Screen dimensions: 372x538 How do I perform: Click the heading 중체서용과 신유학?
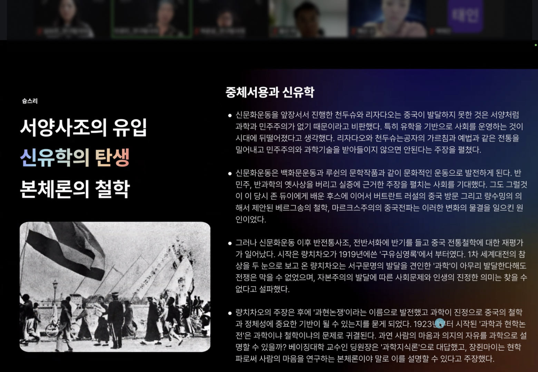pos(270,92)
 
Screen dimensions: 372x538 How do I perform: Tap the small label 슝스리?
pos(30,101)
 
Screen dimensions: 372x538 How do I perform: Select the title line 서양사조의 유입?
pos(84,127)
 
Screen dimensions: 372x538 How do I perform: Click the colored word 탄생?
pos(112,158)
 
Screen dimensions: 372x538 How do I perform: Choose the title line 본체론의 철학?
pos(75,189)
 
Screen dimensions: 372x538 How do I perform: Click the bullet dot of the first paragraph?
pos(230,115)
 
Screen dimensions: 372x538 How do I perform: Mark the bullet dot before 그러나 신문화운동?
pos(230,243)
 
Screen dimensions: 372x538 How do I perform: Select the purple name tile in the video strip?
pos(465,15)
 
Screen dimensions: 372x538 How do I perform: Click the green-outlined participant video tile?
pos(151,18)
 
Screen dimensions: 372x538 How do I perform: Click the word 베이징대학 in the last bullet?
pos(307,347)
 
